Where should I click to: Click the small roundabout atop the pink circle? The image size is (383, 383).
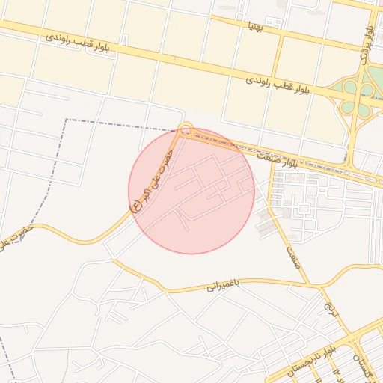click(186, 129)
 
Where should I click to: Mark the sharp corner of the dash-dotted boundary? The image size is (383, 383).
click(67, 120)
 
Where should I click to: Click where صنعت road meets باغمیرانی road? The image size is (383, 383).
click(309, 285)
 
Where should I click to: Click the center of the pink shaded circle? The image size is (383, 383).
click(191, 190)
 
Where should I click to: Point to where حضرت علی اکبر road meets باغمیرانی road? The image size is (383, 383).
click(114, 260)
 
